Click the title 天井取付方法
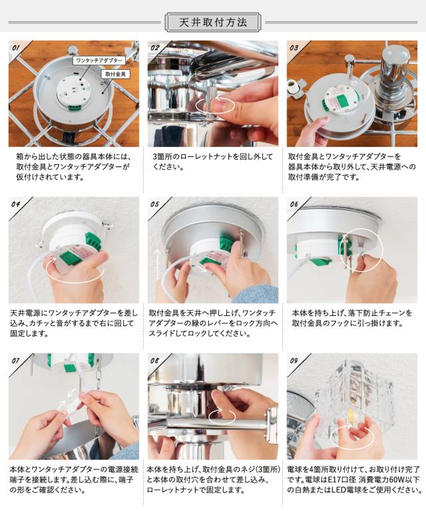click(213, 23)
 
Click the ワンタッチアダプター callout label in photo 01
click(99, 61)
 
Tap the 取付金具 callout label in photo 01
click(115, 74)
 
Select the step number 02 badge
click(155, 48)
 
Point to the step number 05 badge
click(155, 204)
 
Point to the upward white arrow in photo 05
click(158, 265)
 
